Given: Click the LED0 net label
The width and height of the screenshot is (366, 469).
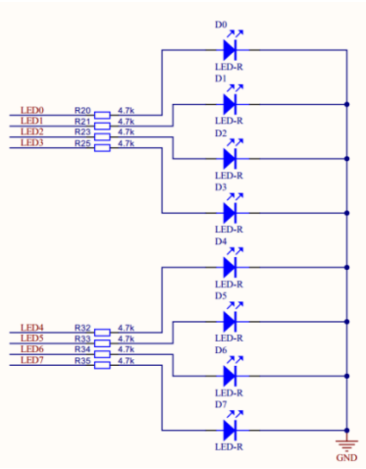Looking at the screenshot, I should click(x=32, y=110).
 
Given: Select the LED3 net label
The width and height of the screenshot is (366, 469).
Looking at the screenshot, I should click(x=32, y=142).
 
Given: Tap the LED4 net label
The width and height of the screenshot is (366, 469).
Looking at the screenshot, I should click(x=32, y=328).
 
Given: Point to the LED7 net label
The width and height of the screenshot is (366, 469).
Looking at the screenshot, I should click(x=32, y=360).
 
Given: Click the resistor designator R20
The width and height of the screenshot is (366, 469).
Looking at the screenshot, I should click(x=82, y=110).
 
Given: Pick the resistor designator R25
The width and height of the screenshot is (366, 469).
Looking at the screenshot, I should click(x=82, y=142).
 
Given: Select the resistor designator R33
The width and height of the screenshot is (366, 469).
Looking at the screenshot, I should click(x=82, y=339).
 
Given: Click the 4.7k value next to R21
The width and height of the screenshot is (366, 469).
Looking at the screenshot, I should click(x=126, y=121).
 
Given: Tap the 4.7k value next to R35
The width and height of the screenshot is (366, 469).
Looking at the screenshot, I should click(x=126, y=360).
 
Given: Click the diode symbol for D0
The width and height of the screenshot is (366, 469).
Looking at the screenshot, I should click(x=232, y=48).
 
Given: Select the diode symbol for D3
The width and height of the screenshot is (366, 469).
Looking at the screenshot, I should click(x=232, y=212).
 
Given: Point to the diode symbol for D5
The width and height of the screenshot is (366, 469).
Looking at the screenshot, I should click(x=232, y=321).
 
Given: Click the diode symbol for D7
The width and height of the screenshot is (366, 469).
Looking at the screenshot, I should click(x=232, y=430).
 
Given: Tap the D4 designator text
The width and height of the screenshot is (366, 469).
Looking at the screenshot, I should click(x=220, y=241).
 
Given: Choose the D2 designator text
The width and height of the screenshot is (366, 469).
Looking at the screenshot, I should click(x=220, y=132).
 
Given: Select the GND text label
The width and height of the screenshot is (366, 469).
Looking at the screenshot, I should click(x=346, y=457).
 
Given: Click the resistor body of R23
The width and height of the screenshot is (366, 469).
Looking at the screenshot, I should click(x=102, y=132).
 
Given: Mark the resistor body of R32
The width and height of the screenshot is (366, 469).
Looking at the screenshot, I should click(x=102, y=329).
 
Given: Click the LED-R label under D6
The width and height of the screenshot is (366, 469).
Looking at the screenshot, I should click(x=228, y=392).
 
